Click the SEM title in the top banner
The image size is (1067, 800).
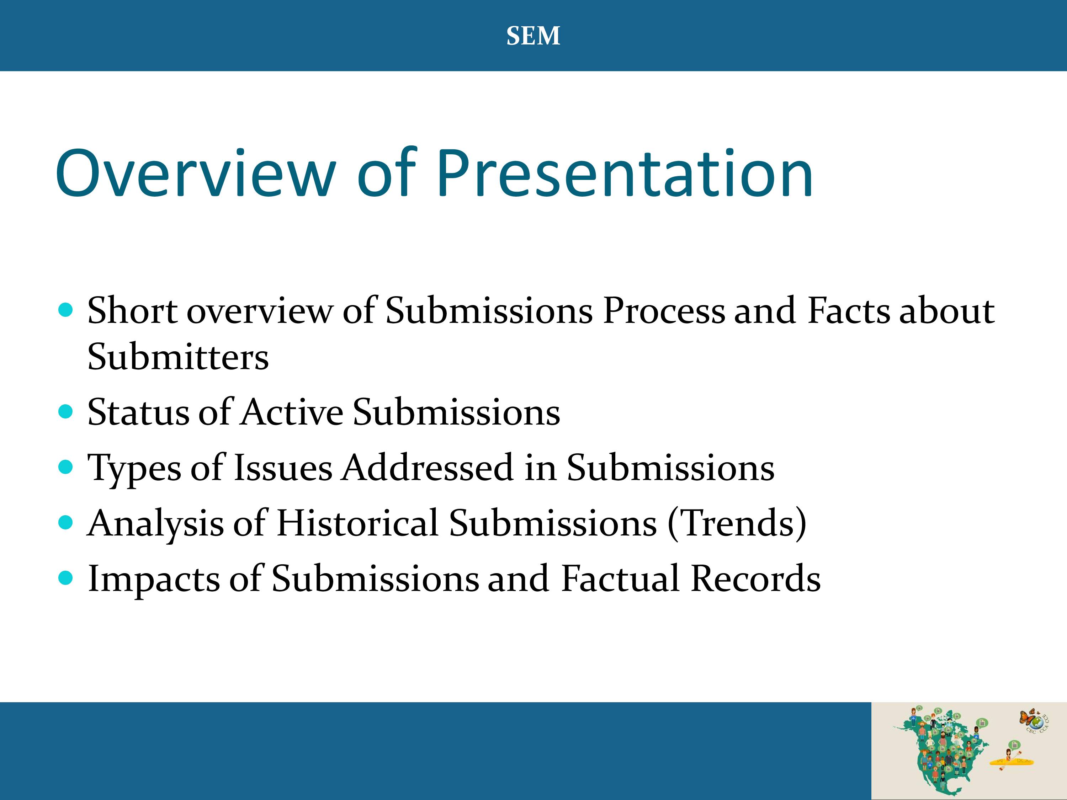pos(533,36)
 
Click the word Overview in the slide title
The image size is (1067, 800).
pos(195,173)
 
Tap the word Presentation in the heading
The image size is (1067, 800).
pos(625,173)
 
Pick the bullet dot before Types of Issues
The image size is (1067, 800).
pos(65,467)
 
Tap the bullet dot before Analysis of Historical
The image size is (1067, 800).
pos(65,522)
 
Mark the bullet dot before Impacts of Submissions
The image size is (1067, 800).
pos(65,578)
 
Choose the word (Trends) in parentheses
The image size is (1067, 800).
pos(737,524)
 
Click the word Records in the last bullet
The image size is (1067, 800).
pos(755,578)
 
